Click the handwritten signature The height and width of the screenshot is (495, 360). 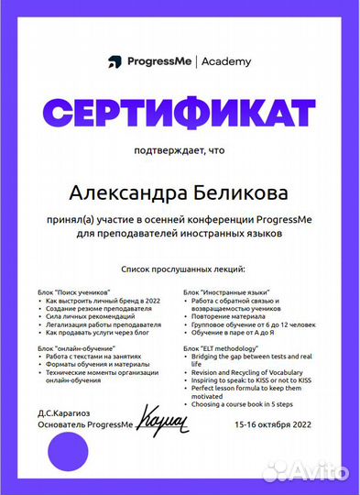coord(159,422)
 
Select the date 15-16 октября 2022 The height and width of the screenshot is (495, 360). coord(274,425)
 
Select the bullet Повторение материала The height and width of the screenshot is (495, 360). coord(226,316)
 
